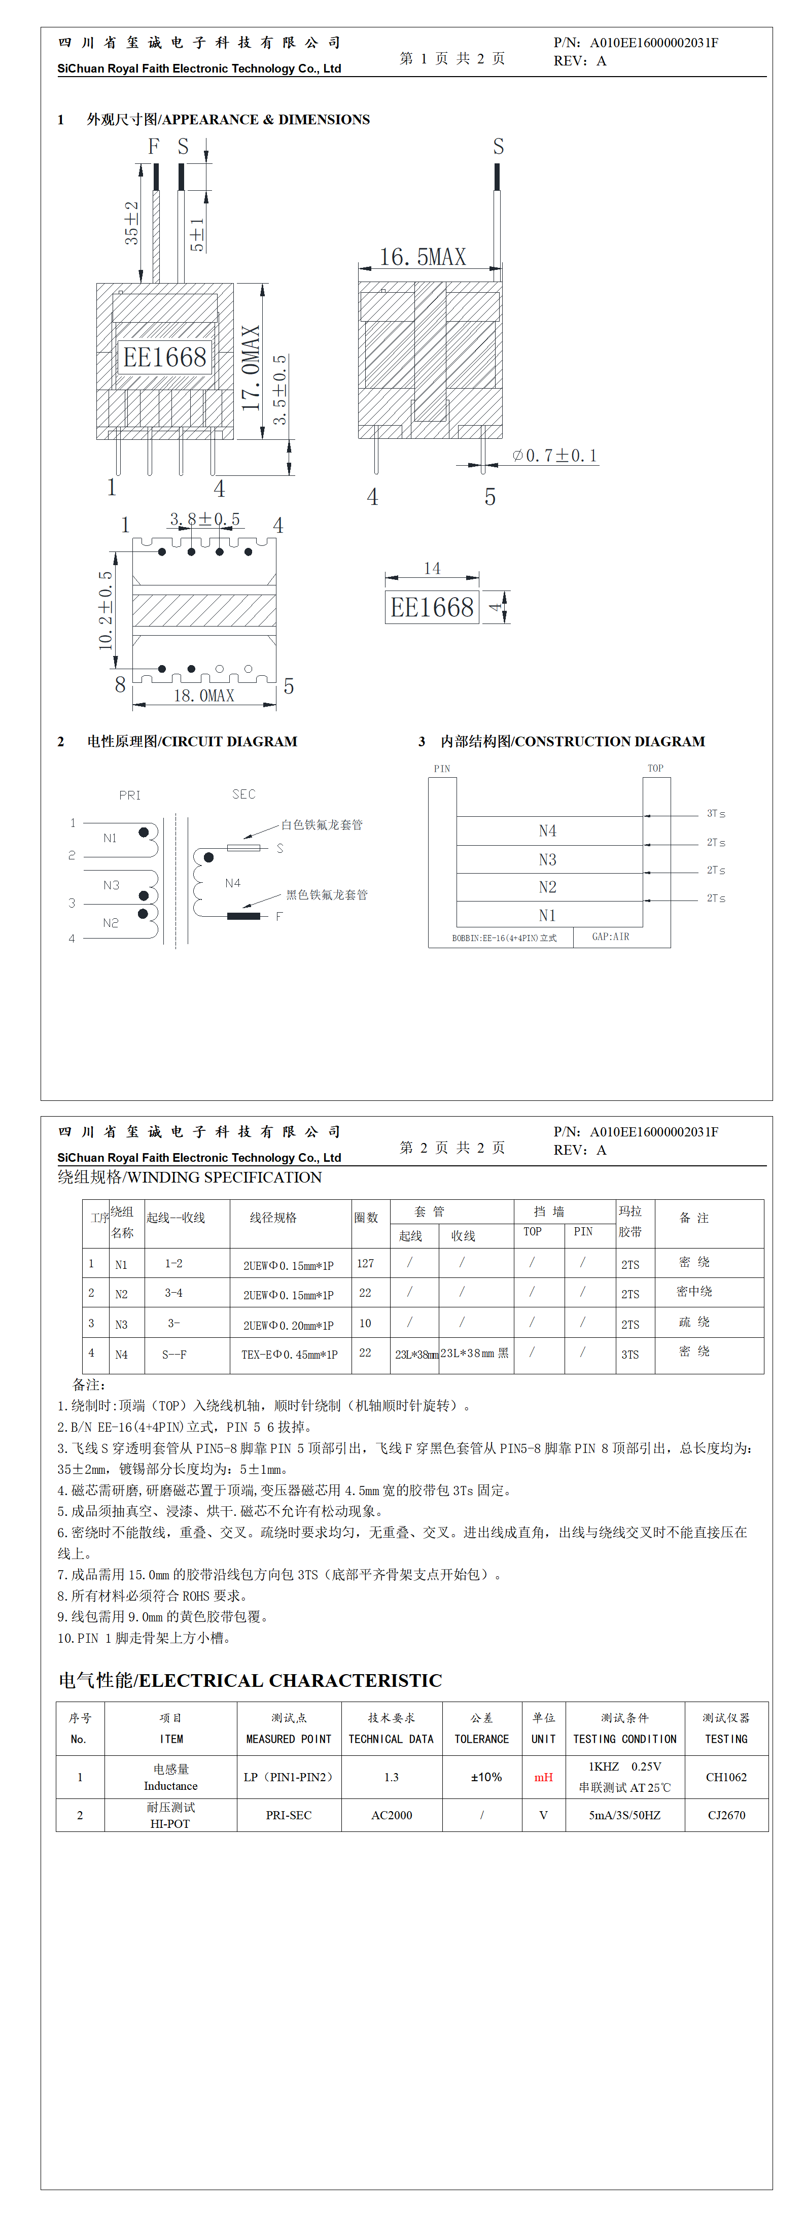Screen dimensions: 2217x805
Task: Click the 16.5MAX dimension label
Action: (x=422, y=257)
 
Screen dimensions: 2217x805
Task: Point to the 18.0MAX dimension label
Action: (x=204, y=696)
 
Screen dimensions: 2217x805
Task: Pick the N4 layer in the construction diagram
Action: (x=547, y=830)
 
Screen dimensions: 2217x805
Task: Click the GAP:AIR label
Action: (x=610, y=937)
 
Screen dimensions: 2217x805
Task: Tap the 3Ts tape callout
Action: (x=715, y=813)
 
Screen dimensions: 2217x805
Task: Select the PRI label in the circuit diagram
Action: (x=130, y=795)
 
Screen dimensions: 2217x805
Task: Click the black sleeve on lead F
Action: (x=243, y=916)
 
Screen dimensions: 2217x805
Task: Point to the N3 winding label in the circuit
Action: (x=111, y=885)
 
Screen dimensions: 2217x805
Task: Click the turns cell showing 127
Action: (x=365, y=1263)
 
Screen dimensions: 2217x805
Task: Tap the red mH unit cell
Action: (x=543, y=1777)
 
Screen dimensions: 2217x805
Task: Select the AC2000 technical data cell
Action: (x=392, y=1815)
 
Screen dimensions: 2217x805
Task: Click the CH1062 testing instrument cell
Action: (x=726, y=1777)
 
